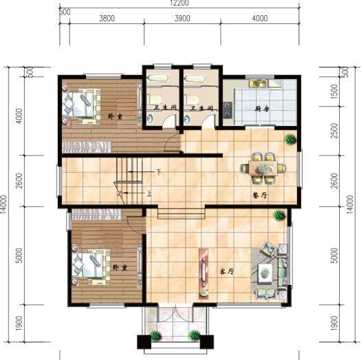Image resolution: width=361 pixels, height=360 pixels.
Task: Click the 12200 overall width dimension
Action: coord(180,3)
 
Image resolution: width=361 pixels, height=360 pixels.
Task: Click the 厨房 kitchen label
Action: coord(261,109)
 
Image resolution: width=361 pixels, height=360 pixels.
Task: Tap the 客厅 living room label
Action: coord(226,271)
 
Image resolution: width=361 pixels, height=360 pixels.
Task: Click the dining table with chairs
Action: coord(263,167)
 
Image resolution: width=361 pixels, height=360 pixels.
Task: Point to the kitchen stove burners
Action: coord(227,109)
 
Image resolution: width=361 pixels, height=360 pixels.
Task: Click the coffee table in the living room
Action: coord(265,273)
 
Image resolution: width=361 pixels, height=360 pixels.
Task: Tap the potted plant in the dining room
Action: coord(291,140)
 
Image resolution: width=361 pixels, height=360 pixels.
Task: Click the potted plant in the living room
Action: coord(279,216)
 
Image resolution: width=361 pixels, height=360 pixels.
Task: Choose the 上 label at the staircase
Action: coord(149,194)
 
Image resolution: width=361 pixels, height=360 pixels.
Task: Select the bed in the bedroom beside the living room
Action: coord(89,266)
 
